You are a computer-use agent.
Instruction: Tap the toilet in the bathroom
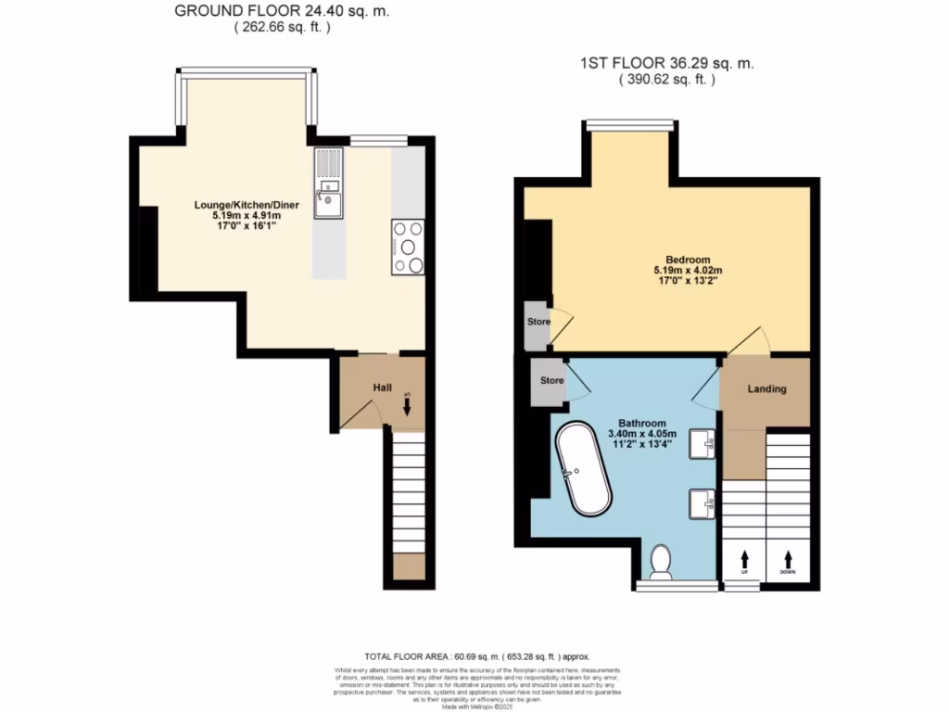point(662,561)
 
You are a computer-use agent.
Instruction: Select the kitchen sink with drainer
point(328,184)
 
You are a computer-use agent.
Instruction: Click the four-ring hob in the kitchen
point(409,248)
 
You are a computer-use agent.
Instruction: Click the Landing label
point(766,388)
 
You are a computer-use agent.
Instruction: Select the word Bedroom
point(688,259)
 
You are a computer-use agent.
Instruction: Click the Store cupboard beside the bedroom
point(538,323)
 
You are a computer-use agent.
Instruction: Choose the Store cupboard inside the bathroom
point(552,380)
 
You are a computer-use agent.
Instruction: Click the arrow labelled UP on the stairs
point(744,560)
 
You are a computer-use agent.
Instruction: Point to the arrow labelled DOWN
point(788,560)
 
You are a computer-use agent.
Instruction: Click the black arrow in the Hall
point(407,406)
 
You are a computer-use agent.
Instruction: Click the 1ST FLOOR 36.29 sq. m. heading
point(666,64)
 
